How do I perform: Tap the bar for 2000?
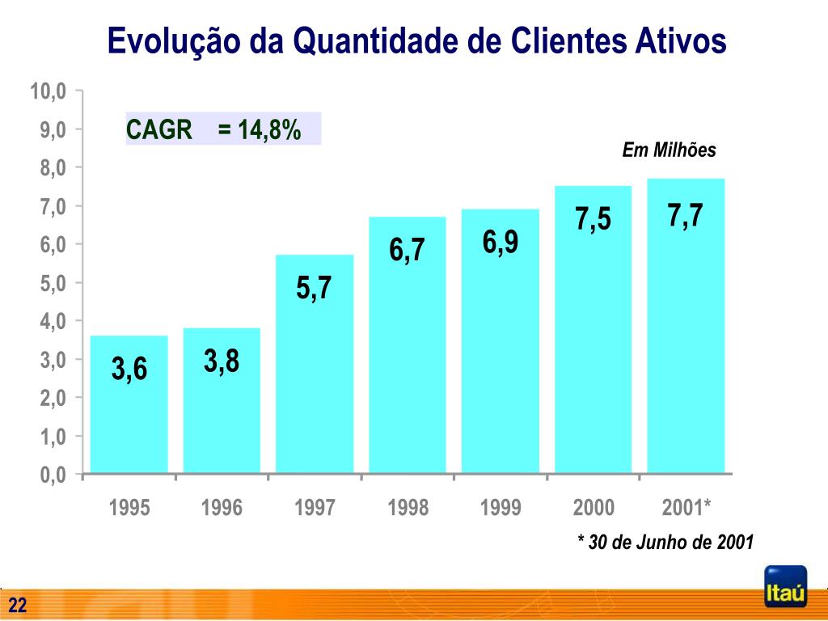pos(593,340)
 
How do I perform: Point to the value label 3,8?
pos(222,361)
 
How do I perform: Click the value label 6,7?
pos(407,250)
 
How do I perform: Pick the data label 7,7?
pos(685,217)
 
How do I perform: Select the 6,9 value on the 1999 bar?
pos(501,242)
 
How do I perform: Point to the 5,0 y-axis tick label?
pos(51,283)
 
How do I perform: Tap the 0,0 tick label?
pos(51,475)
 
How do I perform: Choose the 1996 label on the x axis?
pos(222,508)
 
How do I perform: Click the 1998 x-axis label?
pos(408,508)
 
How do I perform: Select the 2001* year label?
pos(686,508)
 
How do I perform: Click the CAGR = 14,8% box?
pos(222,129)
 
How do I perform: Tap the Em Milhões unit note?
pos(669,150)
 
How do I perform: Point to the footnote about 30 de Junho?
pos(665,542)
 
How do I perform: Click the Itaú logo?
pos(785,587)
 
